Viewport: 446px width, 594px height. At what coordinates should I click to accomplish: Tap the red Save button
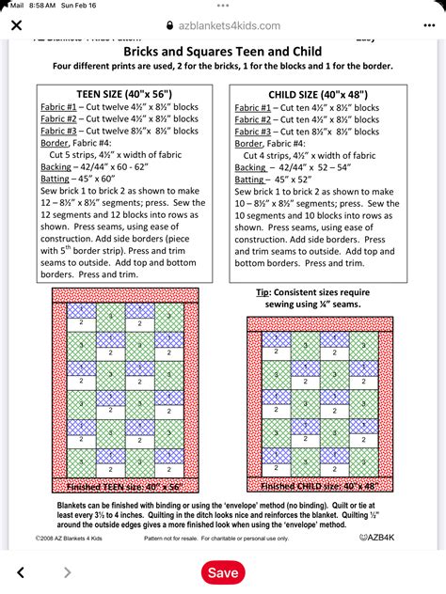(x=223, y=572)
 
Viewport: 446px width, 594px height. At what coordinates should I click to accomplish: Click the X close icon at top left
(x=16, y=26)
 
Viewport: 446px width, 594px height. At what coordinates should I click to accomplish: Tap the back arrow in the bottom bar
(x=21, y=572)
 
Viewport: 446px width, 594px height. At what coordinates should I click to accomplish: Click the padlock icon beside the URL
(x=169, y=26)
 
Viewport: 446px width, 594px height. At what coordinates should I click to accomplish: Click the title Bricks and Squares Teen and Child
(x=222, y=51)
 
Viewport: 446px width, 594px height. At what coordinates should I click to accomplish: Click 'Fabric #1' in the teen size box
(x=58, y=108)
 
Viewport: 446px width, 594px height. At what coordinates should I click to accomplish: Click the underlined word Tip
(x=263, y=292)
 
